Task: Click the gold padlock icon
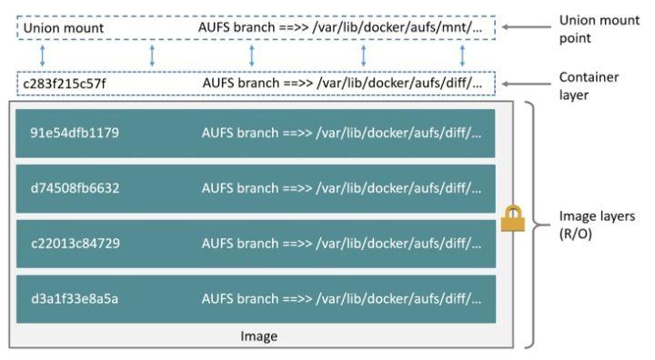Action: [512, 219]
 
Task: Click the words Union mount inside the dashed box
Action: [64, 28]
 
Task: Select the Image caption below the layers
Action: [258, 335]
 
